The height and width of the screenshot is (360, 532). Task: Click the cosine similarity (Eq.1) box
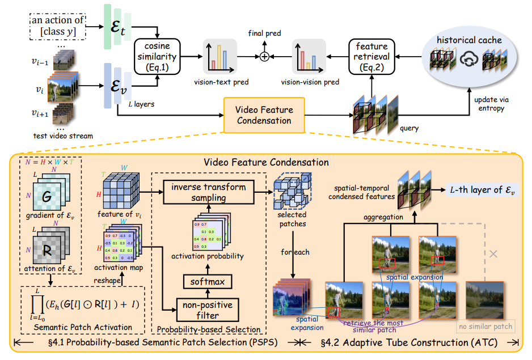point(157,56)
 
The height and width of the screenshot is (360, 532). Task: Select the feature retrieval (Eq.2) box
point(371,56)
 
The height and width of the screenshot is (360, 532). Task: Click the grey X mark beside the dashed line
point(493,254)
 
